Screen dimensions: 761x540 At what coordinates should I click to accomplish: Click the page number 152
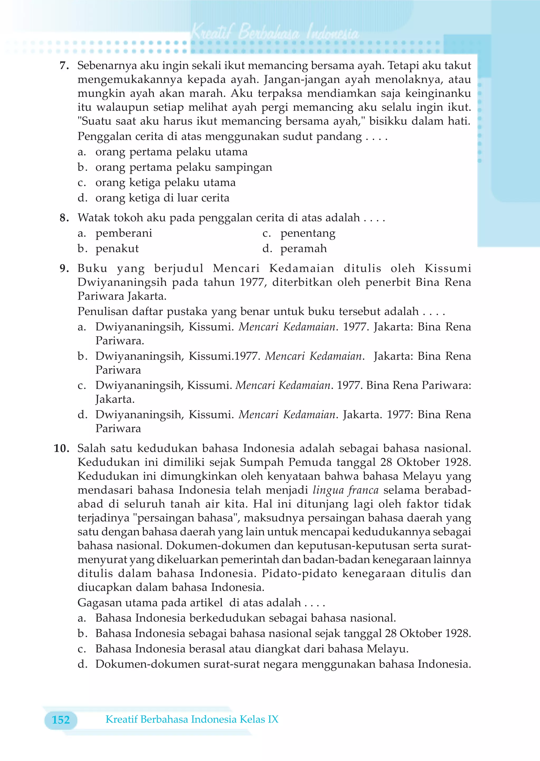click(61, 720)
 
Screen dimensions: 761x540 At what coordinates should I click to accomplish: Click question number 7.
click(64, 66)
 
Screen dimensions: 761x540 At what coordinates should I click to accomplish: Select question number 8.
click(64, 218)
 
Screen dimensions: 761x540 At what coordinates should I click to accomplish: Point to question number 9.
click(64, 268)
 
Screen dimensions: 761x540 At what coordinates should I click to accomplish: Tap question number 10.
click(61, 449)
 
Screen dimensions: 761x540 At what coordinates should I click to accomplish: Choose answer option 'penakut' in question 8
click(117, 249)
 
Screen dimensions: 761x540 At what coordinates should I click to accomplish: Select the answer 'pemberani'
click(124, 233)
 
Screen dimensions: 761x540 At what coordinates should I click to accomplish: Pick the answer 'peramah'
click(303, 249)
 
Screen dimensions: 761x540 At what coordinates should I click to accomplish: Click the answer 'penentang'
click(308, 233)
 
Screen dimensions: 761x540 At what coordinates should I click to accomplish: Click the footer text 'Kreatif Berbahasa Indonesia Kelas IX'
click(192, 719)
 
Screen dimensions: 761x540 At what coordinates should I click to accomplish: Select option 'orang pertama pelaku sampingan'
click(184, 167)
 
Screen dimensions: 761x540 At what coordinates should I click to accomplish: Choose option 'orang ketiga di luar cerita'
click(162, 198)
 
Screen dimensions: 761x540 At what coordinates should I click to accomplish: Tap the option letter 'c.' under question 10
click(82, 649)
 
